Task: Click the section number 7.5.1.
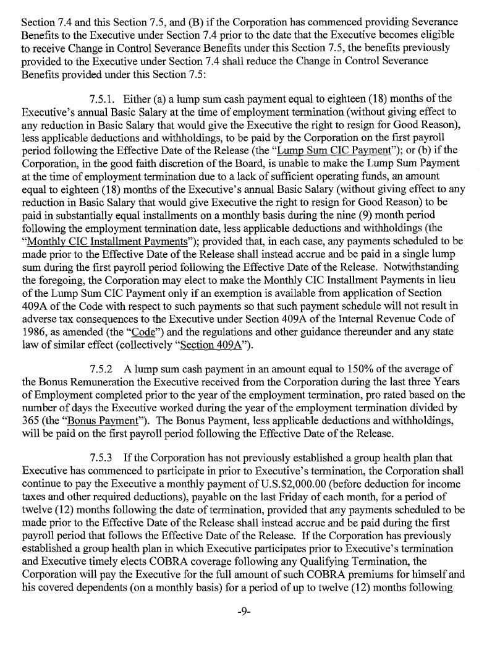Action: [x=104, y=99]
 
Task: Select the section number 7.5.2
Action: [x=103, y=370]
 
